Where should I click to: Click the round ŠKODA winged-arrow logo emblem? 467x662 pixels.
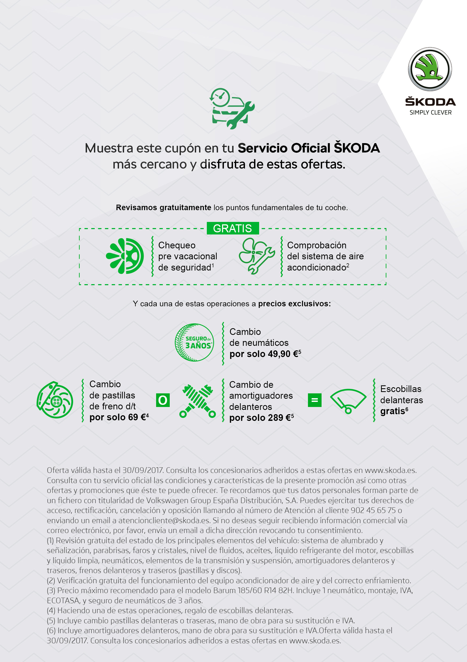point(430,69)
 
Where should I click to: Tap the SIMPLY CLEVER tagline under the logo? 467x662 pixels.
point(430,112)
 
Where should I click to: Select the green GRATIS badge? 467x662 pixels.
point(232,228)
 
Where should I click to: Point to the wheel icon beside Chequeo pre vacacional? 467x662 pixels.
point(125,256)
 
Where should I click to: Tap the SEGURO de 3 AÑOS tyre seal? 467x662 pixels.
point(195,342)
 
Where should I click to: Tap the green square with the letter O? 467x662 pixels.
point(163,400)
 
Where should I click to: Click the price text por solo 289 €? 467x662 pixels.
point(261,418)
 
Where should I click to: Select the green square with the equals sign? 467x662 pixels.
point(315,400)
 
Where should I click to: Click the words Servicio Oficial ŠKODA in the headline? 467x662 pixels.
point(308,148)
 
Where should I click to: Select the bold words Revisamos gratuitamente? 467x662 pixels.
point(163,207)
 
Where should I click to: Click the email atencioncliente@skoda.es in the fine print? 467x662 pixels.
point(164,520)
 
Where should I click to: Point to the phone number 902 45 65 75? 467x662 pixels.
point(373,510)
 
